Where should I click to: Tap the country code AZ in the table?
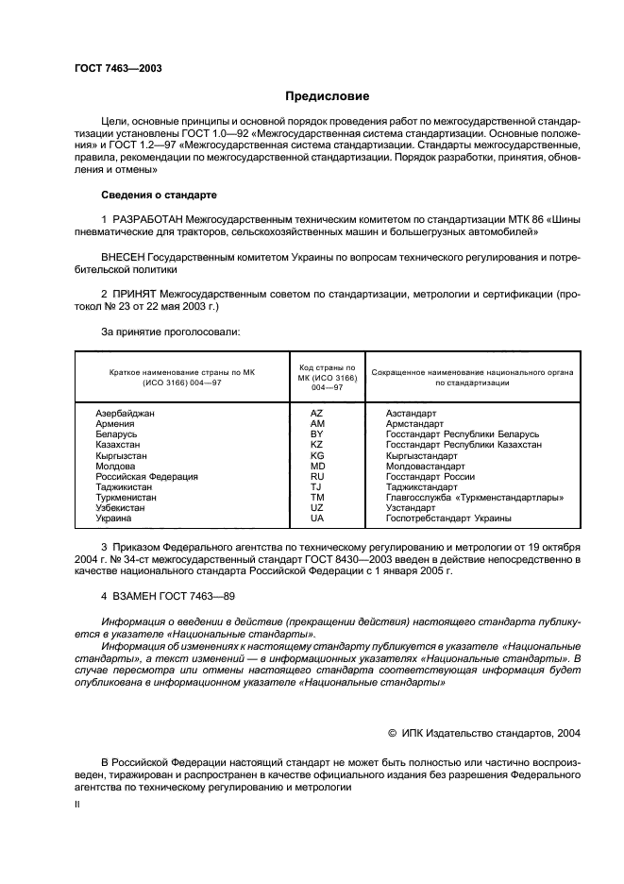tap(316, 414)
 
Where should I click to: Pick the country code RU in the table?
tap(317, 476)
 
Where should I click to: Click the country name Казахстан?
tap(118, 445)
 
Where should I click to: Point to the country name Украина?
tap(113, 518)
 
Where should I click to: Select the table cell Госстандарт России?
tap(430, 476)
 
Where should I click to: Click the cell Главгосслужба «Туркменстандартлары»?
tap(468, 497)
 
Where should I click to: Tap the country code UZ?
tap(316, 507)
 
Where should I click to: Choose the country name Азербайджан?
tap(125, 414)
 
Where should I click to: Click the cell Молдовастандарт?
tap(425, 466)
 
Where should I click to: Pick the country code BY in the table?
tap(316, 434)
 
